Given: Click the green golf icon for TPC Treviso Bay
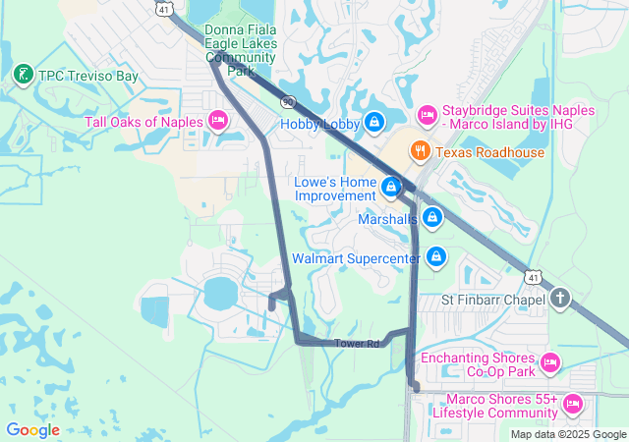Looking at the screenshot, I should (x=22, y=75).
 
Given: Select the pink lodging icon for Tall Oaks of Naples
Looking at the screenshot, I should (x=218, y=122).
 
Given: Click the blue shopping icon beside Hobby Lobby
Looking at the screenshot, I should (x=373, y=123).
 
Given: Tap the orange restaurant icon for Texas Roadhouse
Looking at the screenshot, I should (x=421, y=151).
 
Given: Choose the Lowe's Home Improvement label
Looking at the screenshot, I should (x=335, y=189).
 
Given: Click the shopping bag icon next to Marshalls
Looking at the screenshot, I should (x=431, y=218).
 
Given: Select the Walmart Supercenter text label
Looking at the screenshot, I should (x=356, y=258).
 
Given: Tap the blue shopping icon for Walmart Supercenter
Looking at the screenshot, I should (x=436, y=258).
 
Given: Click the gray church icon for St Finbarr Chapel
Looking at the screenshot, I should (x=560, y=298).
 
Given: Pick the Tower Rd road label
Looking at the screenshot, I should (x=356, y=344).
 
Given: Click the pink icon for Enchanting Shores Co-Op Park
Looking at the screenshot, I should (x=550, y=363).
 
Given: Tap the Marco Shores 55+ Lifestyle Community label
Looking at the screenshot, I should (x=501, y=407).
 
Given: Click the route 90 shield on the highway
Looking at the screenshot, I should (x=287, y=101).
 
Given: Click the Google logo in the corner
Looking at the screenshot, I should (x=32, y=430).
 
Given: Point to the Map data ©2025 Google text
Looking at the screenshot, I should (x=568, y=434).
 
